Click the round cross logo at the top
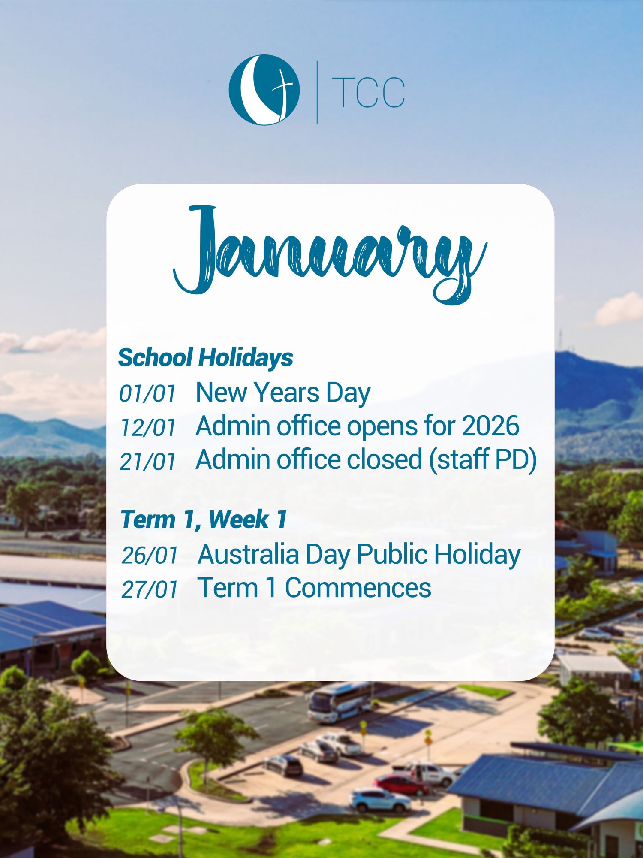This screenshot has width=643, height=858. (264, 90)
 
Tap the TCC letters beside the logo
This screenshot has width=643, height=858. (368, 92)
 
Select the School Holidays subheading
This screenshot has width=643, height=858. (206, 357)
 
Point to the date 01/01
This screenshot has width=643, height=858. (148, 393)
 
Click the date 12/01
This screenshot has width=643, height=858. (148, 428)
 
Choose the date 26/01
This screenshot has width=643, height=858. (150, 555)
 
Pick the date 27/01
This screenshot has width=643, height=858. (150, 589)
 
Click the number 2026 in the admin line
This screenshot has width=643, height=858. (490, 426)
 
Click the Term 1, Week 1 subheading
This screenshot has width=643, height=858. (204, 520)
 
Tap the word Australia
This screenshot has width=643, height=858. (249, 554)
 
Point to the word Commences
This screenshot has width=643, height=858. (358, 588)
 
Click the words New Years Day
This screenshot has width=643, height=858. (283, 393)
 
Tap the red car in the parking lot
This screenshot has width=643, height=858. (401, 785)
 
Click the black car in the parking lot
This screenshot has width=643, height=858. (284, 766)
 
